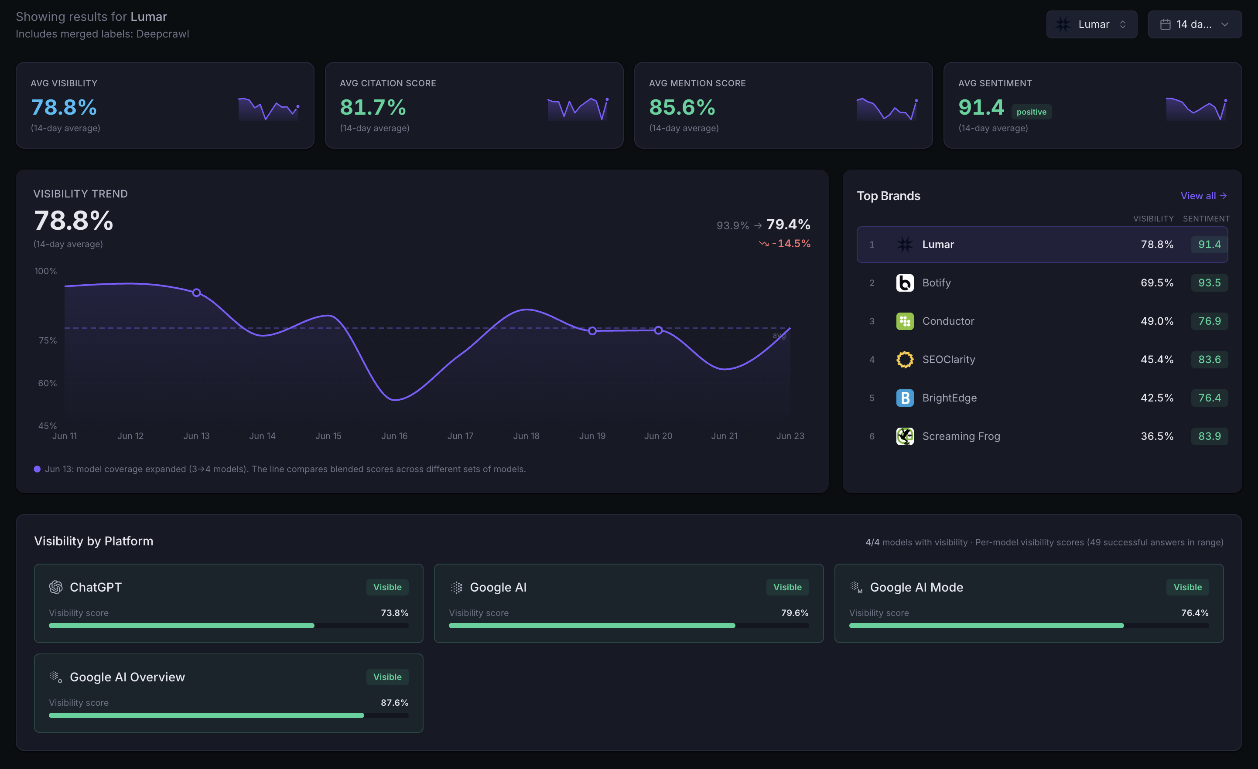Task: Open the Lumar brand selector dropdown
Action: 1091,24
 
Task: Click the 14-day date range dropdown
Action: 1195,24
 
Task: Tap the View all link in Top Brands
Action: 1203,196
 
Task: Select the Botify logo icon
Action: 905,282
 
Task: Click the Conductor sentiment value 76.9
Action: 1210,321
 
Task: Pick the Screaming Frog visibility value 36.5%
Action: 1157,436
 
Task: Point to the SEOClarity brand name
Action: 949,359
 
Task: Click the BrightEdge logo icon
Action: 905,398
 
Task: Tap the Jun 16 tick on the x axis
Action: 394,436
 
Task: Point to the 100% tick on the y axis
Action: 45,271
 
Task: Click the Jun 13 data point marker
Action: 197,293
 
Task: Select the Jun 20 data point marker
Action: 658,330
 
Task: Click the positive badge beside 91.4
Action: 1031,112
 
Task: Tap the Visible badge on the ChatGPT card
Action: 387,587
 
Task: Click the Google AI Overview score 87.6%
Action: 394,703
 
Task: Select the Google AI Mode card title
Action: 916,587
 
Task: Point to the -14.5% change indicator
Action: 785,243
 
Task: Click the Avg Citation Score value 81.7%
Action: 373,107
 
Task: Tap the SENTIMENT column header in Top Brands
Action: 1206,218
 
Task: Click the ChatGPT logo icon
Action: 56,587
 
